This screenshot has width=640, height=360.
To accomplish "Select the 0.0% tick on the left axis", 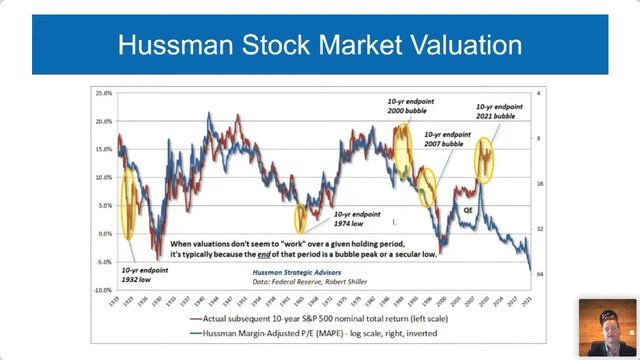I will [x=103, y=234].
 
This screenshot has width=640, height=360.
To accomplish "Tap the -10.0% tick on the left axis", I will [x=101, y=290].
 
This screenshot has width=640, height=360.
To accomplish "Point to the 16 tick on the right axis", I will [x=538, y=184].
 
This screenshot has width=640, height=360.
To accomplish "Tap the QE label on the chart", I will [x=468, y=211].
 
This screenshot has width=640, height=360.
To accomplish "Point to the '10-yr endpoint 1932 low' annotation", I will [x=142, y=275].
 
